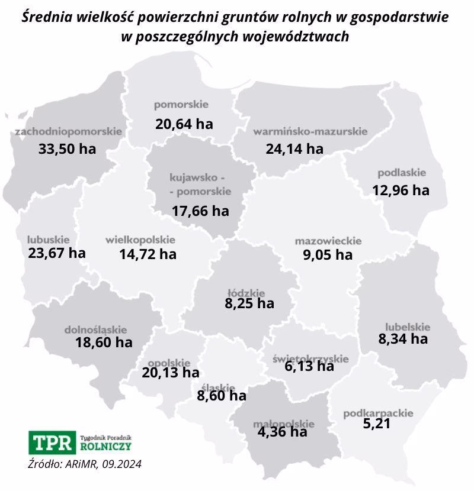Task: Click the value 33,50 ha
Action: coord(67,148)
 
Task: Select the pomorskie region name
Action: coord(181,105)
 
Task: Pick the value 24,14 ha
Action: coord(294,148)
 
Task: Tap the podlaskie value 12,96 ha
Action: coord(401,190)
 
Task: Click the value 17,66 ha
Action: coord(200,211)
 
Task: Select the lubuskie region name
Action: coord(49,240)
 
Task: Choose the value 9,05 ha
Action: coord(324,256)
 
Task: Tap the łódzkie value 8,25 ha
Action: coord(249,304)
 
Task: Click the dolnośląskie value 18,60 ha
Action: coord(104,342)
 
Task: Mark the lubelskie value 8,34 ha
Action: coord(403,339)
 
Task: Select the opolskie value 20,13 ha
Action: coord(171,373)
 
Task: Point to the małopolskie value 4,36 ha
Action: coord(283,432)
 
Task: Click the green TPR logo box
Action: coord(52,442)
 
